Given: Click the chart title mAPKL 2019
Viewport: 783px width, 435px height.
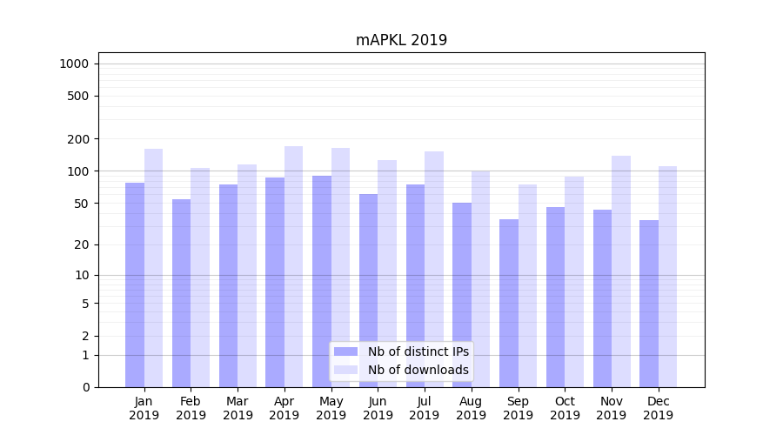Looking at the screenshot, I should pos(401,40).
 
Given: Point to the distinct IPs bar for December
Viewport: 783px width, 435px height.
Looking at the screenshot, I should pos(649,304).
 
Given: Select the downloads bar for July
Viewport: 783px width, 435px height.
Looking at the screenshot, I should pos(433,269).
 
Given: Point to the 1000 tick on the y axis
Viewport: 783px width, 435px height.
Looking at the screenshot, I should pos(74,64).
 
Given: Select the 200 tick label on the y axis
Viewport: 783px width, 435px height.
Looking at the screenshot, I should pos(78,139).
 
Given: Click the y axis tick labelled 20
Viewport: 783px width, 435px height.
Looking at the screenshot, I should pos(82,244).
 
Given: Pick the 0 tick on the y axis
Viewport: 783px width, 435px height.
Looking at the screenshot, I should pos(85,387).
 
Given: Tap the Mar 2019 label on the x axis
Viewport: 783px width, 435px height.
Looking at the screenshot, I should pos(238,408).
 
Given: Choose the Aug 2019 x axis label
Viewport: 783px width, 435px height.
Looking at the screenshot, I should pos(471,408).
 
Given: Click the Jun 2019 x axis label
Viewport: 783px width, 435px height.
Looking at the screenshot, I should pos(378,408).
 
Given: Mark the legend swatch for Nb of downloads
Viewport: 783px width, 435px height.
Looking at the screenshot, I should pos(345,370).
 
